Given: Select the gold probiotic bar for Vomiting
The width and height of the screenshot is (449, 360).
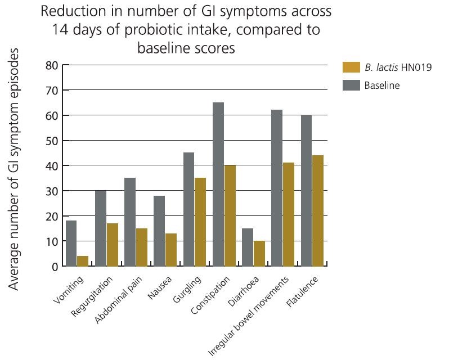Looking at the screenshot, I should [x=83, y=261].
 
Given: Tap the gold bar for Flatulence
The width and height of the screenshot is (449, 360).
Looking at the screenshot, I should [x=318, y=211].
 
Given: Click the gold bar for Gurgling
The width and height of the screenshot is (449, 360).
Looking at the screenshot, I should [x=200, y=222].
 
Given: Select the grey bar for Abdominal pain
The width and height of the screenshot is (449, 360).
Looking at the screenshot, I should [x=130, y=222].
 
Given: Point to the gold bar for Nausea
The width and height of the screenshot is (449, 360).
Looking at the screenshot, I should [x=171, y=250].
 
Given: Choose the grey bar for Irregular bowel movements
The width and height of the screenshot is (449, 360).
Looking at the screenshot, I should [x=277, y=188].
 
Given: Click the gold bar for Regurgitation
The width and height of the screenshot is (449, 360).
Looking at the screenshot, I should [x=112, y=245].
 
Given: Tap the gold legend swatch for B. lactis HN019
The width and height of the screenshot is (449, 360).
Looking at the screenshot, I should [x=350, y=67].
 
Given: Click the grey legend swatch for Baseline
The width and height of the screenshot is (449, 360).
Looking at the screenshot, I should [x=350, y=85].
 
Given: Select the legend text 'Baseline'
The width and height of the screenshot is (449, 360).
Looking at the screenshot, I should [x=381, y=85].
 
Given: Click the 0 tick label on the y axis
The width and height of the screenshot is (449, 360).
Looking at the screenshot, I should [x=55, y=267].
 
